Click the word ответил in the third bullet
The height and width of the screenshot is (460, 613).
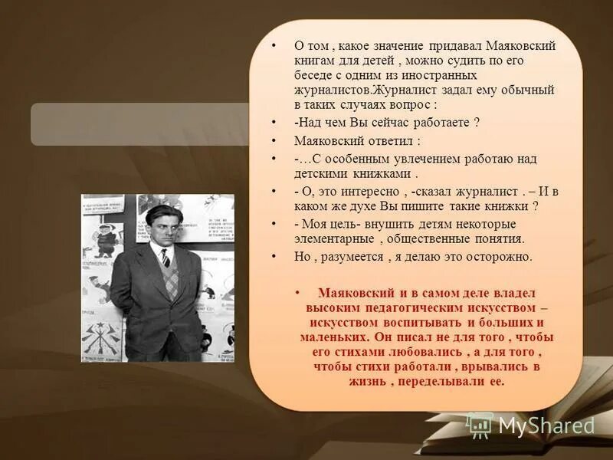[x=386, y=141]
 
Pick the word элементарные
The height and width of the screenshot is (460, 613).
[x=332, y=238]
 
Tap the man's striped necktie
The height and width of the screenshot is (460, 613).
[x=166, y=258]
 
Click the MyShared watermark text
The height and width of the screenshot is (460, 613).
[x=546, y=426]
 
